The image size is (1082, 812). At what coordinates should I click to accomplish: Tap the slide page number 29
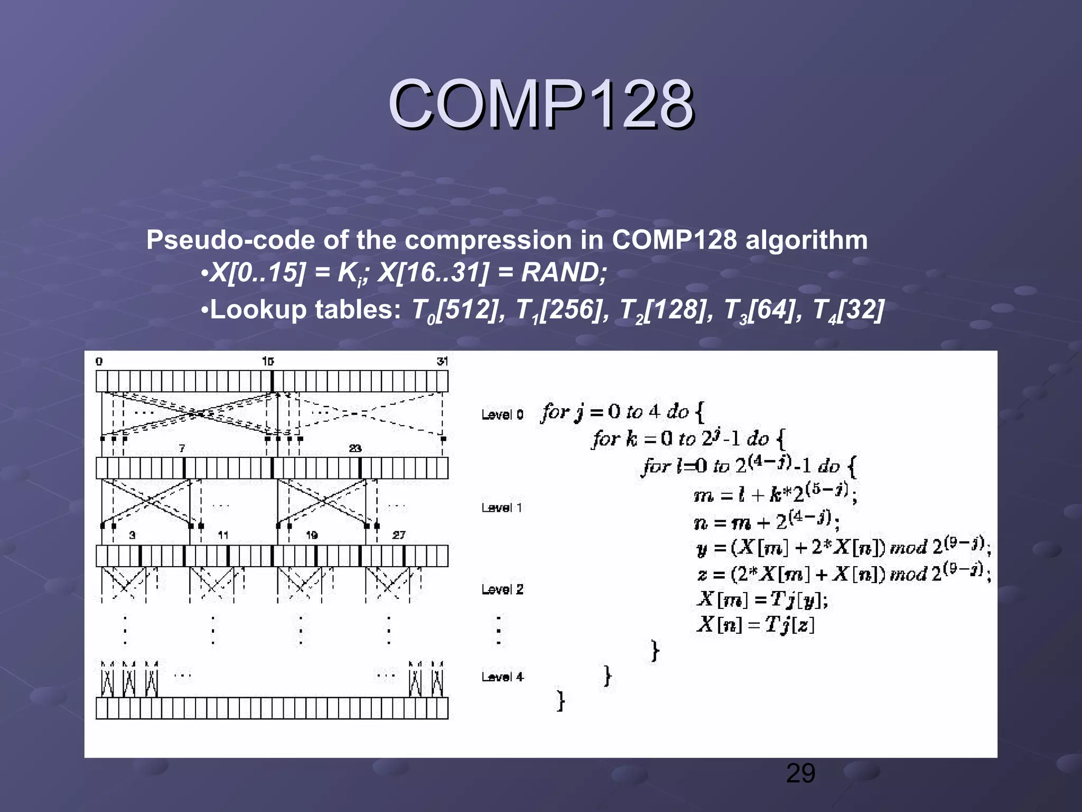pyautogui.click(x=800, y=773)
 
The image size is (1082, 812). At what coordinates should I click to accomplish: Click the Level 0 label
pyautogui.click(x=502, y=414)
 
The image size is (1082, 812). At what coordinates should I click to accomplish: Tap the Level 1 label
pyautogui.click(x=502, y=508)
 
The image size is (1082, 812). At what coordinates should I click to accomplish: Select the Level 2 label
pyautogui.click(x=502, y=589)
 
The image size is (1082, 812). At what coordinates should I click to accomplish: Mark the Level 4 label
pyautogui.click(x=502, y=677)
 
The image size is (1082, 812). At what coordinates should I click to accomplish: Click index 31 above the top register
pyautogui.click(x=442, y=361)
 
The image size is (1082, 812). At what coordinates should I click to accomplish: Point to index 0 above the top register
pyautogui.click(x=99, y=362)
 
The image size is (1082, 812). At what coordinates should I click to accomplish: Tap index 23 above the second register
pyautogui.click(x=355, y=448)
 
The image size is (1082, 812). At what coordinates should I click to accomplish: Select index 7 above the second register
pyautogui.click(x=182, y=448)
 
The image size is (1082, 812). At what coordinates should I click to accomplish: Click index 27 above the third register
pyautogui.click(x=399, y=535)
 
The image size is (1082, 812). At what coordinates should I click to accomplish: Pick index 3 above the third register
pyautogui.click(x=132, y=535)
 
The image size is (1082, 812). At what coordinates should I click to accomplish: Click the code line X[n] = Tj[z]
pyautogui.click(x=755, y=625)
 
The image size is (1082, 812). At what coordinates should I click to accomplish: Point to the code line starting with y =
pyautogui.click(x=843, y=547)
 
